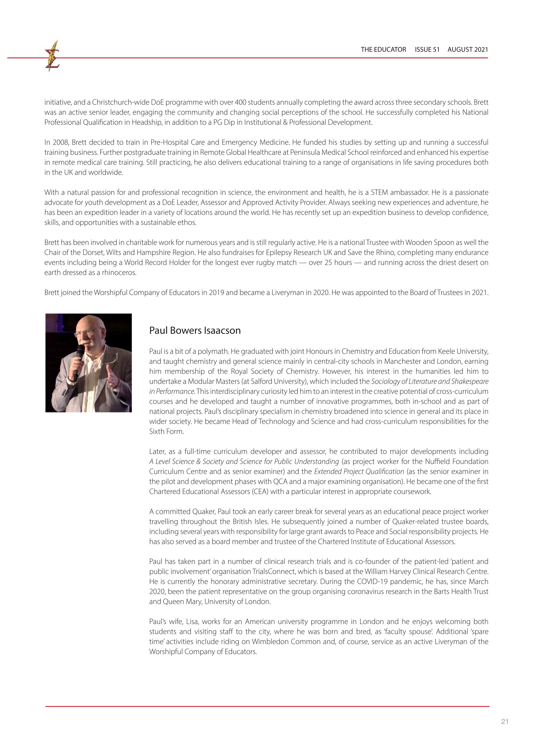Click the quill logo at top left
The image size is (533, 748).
click(x=52, y=56)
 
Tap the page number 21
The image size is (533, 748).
click(x=505, y=721)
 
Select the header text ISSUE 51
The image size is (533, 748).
click(x=427, y=50)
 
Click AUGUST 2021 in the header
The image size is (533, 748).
click(x=467, y=50)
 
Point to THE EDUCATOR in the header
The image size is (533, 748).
click(x=383, y=50)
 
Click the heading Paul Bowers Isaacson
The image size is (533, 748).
click(x=195, y=330)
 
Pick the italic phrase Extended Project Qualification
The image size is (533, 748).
click(x=359, y=471)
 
